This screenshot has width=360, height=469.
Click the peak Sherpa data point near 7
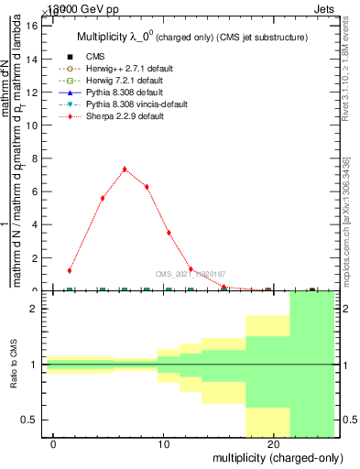125,169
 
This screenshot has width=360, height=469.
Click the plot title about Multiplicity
190,37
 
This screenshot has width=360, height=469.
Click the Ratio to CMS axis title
15,365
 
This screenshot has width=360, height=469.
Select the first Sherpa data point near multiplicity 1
70,270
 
